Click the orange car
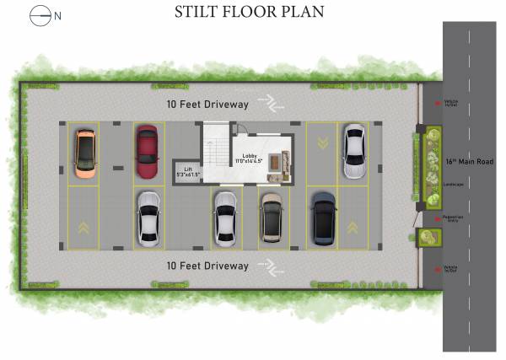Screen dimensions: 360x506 85,152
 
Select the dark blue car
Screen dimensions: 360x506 323,218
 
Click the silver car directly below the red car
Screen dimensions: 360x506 148,218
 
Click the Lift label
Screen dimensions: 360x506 189,171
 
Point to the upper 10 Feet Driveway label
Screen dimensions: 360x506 207,104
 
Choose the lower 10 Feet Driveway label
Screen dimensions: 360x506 207,266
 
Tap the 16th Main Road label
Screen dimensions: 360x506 470,161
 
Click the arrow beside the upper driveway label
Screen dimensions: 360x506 272,104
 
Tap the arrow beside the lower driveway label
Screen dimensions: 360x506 272,267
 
